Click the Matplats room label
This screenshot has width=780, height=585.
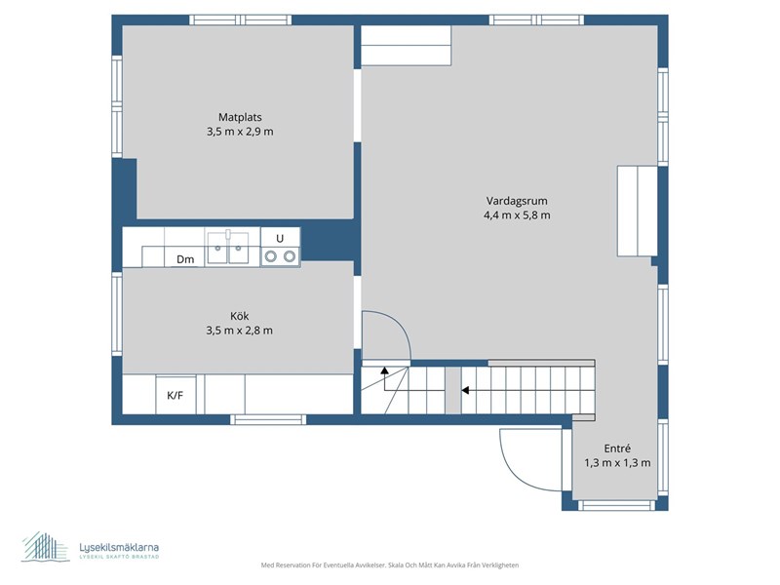coord(240,117)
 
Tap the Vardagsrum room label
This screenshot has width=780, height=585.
coord(517,201)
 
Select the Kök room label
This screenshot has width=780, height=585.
coord(239,316)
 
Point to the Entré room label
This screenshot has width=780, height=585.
coord(617,448)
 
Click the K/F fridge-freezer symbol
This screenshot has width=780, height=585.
coord(175,395)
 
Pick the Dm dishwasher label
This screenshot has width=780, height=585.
coord(185,259)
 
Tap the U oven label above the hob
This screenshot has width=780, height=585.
coord(280,238)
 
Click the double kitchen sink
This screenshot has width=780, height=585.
coord(228,247)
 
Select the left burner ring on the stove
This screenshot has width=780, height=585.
coord(271,256)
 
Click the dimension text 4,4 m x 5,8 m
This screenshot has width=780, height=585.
coord(517,215)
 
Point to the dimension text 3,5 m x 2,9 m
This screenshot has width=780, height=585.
coord(240,132)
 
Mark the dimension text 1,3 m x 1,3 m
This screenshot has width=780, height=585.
coord(617,462)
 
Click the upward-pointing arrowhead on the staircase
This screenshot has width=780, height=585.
coord(384,370)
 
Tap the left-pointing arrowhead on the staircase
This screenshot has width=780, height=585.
coord(465,391)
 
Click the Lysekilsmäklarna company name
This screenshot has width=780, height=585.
coord(119,547)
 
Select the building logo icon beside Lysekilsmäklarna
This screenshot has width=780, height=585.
coord(45,547)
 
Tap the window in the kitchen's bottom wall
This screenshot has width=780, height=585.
coord(269,420)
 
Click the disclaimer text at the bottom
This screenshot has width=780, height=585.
coord(390,565)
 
